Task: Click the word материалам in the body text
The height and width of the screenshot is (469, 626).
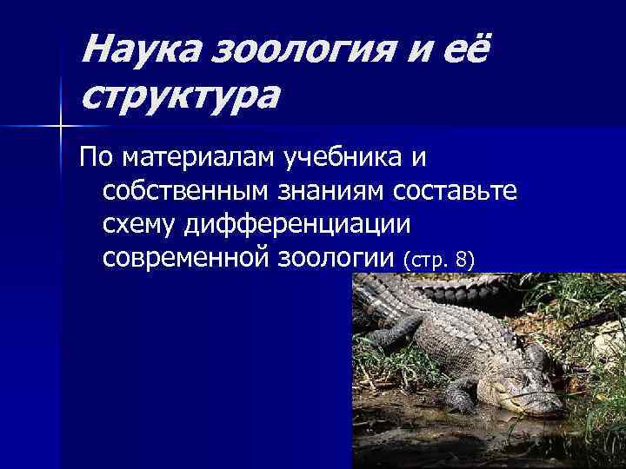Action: [x=199, y=158]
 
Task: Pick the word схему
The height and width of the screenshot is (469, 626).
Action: [x=139, y=224]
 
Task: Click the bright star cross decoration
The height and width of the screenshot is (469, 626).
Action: [x=60, y=127]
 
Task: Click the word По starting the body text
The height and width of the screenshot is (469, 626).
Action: [x=97, y=158]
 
